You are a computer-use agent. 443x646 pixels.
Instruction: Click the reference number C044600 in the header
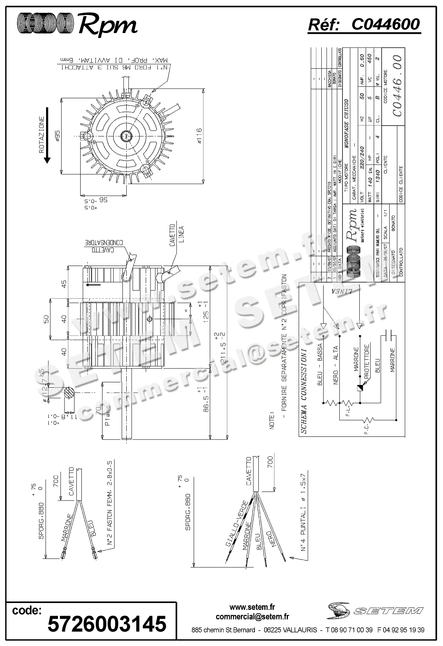point(385,25)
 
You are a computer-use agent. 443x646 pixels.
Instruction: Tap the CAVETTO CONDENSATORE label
point(105,246)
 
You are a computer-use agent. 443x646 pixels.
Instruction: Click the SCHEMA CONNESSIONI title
point(304,391)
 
